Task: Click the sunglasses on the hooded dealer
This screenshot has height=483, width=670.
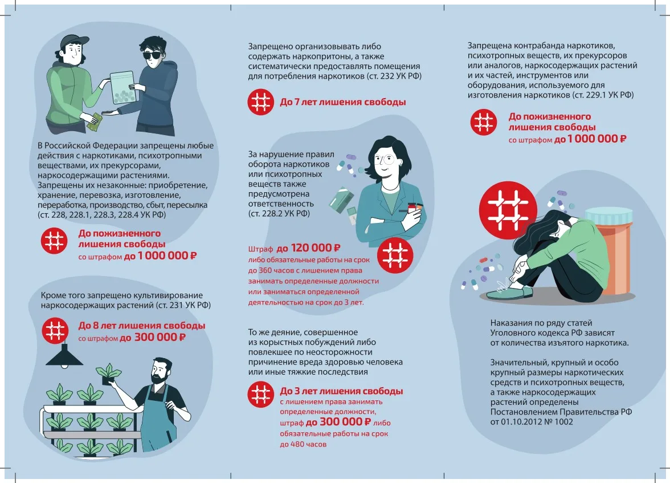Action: click(153, 55)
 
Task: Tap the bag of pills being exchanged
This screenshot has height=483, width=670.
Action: click(123, 87)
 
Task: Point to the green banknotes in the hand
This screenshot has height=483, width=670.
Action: click(95, 122)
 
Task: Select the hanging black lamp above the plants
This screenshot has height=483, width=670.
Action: click(64, 355)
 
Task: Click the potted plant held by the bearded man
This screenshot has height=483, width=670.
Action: click(108, 373)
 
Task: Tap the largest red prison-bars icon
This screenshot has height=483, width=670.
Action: click(508, 210)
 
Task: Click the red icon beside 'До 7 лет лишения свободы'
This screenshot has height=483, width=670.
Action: click(261, 102)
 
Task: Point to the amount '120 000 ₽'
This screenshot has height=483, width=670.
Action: click(316, 247)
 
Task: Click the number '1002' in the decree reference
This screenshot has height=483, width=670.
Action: click(563, 422)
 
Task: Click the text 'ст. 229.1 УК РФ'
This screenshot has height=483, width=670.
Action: click(603, 95)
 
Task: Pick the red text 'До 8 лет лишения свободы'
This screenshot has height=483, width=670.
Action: click(142, 326)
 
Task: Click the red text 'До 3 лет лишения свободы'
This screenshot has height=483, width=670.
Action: click(341, 391)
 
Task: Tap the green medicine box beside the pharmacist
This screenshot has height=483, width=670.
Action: click(341, 200)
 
